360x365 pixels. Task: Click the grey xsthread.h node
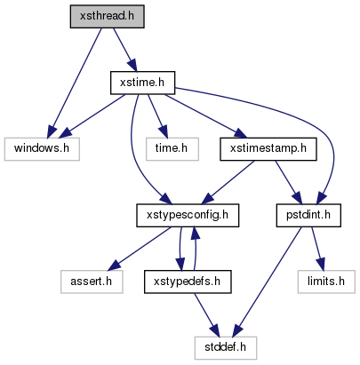(108, 17)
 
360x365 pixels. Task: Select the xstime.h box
(142, 83)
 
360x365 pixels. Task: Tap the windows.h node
(42, 149)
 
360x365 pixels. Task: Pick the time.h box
(172, 149)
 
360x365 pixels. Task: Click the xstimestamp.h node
(268, 149)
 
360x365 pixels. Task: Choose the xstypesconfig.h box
(188, 216)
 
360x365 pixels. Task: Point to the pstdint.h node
(308, 216)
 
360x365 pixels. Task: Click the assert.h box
(92, 282)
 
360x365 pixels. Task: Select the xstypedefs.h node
(188, 282)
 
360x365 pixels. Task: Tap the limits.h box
(326, 282)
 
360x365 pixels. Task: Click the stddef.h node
(226, 348)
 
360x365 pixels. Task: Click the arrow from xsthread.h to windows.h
(76, 83)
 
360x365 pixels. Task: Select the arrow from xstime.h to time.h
(157, 116)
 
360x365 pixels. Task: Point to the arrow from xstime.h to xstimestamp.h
(205, 116)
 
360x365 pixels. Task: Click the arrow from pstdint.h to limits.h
(317, 249)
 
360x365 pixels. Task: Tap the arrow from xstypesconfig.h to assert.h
(139, 249)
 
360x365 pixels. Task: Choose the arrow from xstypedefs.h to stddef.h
(206, 315)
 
